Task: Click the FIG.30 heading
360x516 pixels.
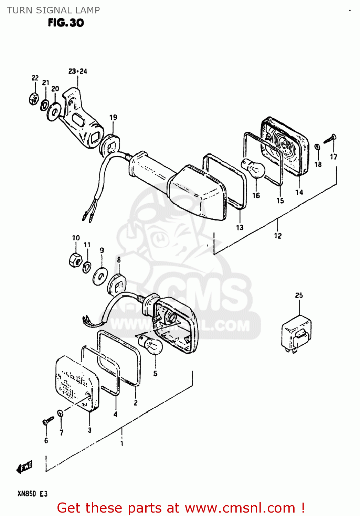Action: point(66,23)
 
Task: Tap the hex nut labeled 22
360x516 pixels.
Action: point(33,99)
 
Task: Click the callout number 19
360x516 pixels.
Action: point(113,117)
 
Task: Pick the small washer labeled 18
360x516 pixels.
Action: point(318,148)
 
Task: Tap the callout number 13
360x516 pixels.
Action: point(240,227)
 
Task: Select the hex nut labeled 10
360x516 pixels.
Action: point(75,260)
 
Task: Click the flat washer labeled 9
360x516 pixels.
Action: point(100,276)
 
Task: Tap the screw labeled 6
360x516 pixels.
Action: point(48,420)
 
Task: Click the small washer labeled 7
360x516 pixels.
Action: point(60,413)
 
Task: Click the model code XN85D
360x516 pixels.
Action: point(27,494)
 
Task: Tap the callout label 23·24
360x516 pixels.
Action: point(77,71)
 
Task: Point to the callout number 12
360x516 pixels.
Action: point(278,236)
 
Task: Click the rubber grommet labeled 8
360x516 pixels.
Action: point(117,285)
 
